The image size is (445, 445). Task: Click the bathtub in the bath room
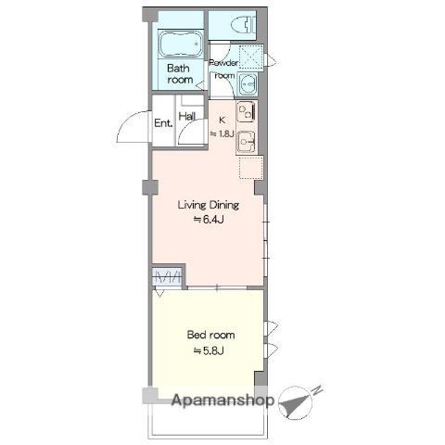tap(181, 44)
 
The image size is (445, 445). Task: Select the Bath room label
tap(180, 73)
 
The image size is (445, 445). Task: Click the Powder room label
tap(224, 69)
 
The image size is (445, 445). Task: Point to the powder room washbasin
tap(247, 83)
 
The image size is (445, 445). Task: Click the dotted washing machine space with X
tap(251, 57)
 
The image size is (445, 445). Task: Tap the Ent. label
tap(163, 123)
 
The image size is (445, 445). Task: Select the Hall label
tap(187, 116)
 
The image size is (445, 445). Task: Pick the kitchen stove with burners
tap(247, 112)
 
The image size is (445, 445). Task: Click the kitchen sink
tap(247, 142)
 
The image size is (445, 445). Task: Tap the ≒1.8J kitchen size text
tap(222, 133)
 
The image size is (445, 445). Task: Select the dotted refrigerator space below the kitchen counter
tap(251, 168)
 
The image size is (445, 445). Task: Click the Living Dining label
tap(209, 206)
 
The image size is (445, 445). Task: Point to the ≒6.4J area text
tap(209, 220)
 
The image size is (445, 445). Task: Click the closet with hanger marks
tap(168, 276)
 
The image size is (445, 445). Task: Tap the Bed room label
tap(211, 335)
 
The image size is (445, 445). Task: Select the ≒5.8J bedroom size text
tap(209, 351)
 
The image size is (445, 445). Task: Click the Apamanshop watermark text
tap(222, 400)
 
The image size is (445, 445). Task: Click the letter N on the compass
tap(318, 390)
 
